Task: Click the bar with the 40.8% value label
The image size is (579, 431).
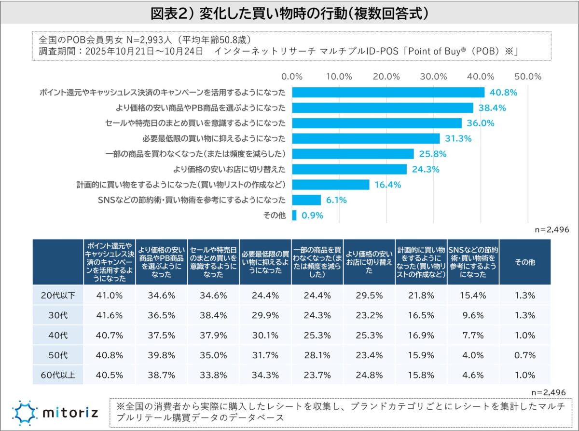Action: click(x=388, y=92)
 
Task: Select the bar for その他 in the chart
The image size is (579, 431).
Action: click(x=294, y=215)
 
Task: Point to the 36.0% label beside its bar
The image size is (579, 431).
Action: click(x=480, y=123)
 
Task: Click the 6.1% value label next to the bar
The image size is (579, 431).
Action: click(x=336, y=200)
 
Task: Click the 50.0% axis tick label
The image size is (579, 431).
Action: click(x=528, y=77)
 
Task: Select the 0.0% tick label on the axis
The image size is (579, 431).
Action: click(x=292, y=77)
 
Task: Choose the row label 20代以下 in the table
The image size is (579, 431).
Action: click(x=57, y=295)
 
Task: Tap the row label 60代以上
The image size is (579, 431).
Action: click(x=57, y=375)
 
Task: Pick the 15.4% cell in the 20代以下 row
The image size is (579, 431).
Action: click(x=473, y=295)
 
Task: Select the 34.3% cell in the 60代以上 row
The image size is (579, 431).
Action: click(x=265, y=375)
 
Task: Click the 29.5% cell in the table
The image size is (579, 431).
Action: click(x=369, y=295)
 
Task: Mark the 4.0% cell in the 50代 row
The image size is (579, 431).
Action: click(x=473, y=355)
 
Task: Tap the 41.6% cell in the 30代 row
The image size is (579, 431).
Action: click(x=109, y=315)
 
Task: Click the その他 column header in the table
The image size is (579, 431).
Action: click(x=525, y=262)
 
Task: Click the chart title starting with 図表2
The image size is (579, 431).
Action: click(x=289, y=13)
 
